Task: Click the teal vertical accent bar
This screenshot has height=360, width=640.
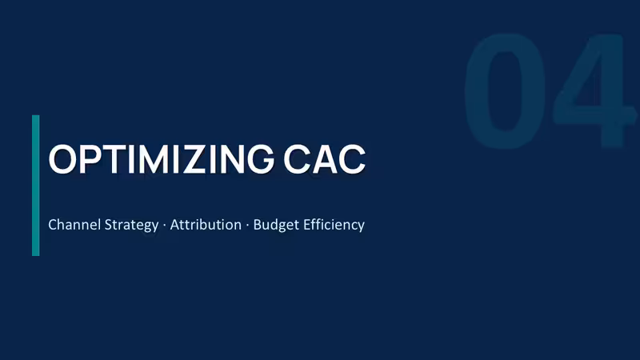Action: click(x=36, y=186)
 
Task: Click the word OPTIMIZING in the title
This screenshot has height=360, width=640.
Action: click(x=162, y=159)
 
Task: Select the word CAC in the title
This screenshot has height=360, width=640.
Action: click(x=325, y=159)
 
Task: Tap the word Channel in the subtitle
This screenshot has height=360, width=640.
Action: click(x=74, y=225)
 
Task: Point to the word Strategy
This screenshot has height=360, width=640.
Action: click(x=131, y=226)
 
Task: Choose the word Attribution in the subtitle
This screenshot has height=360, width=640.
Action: click(x=206, y=225)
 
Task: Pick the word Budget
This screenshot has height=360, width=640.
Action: click(x=276, y=226)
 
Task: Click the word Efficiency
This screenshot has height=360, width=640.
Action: click(x=334, y=226)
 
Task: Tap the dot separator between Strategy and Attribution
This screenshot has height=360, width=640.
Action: click(x=165, y=225)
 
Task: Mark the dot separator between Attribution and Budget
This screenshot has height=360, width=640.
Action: click(x=247, y=225)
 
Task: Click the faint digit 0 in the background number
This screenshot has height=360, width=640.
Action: click(x=505, y=90)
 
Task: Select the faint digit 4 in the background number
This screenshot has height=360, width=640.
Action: click(x=592, y=90)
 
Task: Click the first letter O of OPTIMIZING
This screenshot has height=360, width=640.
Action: click(x=62, y=159)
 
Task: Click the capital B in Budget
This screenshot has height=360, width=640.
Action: click(x=258, y=225)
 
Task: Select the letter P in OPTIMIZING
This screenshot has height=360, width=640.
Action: click(x=91, y=159)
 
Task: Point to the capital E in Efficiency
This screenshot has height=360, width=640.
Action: click(x=307, y=225)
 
